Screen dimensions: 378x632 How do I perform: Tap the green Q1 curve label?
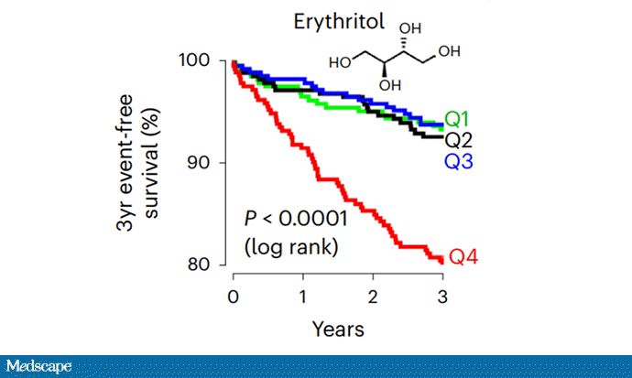459,119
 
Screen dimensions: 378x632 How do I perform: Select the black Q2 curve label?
459,140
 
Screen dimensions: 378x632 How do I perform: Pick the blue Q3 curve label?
459,161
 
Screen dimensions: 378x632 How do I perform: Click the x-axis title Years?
338,328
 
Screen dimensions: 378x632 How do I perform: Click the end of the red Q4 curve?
441,261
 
